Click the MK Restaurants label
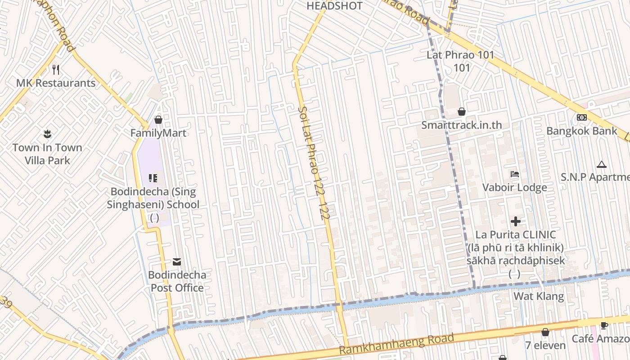pyautogui.click(x=56, y=83)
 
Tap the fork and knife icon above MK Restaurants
pyautogui.click(x=56, y=69)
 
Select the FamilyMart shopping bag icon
pyautogui.click(x=158, y=120)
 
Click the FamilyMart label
pyautogui.click(x=158, y=133)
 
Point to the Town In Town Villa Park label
pyautogui.click(x=47, y=154)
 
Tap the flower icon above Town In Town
pyautogui.click(x=47, y=134)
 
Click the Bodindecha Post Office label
pyautogui.click(x=177, y=281)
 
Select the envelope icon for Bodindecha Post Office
pyautogui.click(x=176, y=261)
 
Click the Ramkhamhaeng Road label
pyautogui.click(x=396, y=344)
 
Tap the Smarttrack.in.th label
pyautogui.click(x=462, y=125)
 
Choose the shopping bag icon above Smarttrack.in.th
pyautogui.click(x=461, y=111)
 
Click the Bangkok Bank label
pyautogui.click(x=582, y=131)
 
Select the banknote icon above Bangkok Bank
pyautogui.click(x=581, y=117)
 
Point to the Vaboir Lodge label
pyautogui.click(x=515, y=187)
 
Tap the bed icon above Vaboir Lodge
pyautogui.click(x=515, y=174)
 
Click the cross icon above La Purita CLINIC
pyautogui.click(x=516, y=221)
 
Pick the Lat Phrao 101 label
pyautogui.click(x=461, y=55)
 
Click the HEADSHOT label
pyautogui.click(x=334, y=6)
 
